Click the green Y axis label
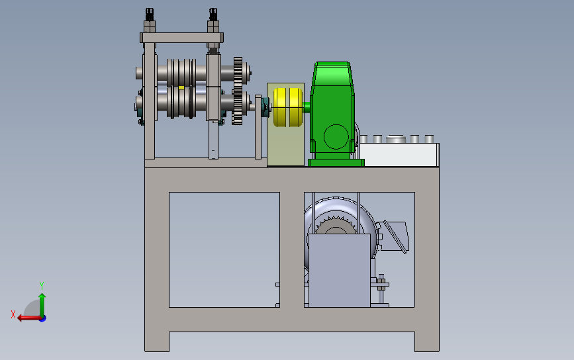point(41,285)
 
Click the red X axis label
point(13,314)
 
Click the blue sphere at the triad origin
point(42,318)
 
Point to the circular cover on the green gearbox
point(335,136)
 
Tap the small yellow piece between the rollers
point(181,87)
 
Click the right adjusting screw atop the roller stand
point(213,20)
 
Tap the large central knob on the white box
point(397,139)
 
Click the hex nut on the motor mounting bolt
point(381,285)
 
